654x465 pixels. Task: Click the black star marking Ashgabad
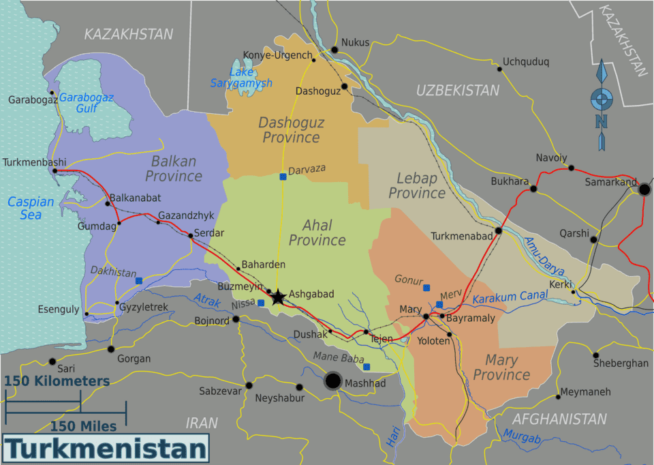[278, 297]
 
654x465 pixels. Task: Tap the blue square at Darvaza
[283, 177]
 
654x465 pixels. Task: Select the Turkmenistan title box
[106, 449]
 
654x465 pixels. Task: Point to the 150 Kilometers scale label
[57, 381]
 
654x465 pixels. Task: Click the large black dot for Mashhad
[333, 380]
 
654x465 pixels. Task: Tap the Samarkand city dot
[644, 189]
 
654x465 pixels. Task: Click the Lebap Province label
[416, 185]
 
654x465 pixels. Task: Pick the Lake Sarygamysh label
[241, 77]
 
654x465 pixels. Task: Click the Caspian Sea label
[31, 208]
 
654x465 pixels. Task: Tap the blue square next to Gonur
[426, 288]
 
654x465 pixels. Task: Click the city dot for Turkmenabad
[498, 230]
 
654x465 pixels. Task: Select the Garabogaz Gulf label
[86, 102]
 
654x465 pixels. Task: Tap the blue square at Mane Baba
[367, 367]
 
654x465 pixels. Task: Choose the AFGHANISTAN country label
[559, 419]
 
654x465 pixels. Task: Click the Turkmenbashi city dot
[54, 170]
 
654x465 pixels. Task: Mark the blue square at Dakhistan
[139, 280]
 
